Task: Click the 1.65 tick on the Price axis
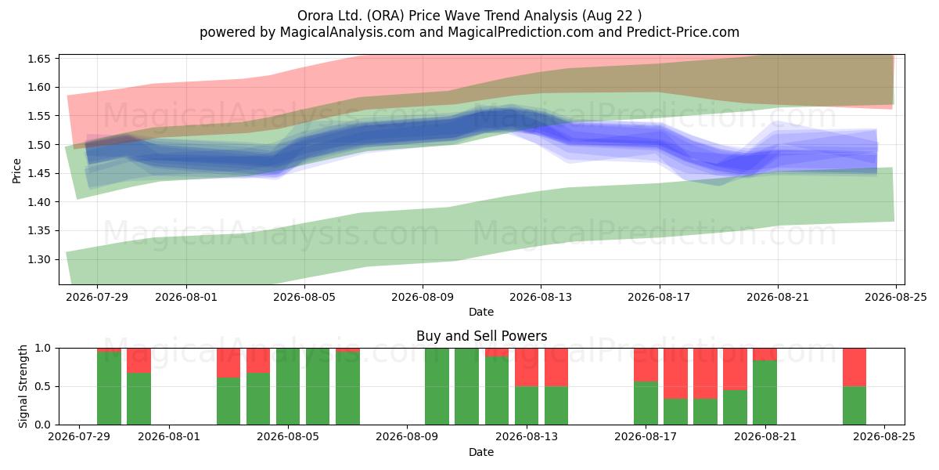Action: click(39, 59)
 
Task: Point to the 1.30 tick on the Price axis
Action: click(39, 259)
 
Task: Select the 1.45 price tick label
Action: click(39, 173)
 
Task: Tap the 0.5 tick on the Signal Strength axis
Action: click(43, 386)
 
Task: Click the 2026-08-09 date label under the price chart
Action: click(423, 297)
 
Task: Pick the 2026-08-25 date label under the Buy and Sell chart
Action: click(884, 436)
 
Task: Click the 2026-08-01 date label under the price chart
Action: click(186, 297)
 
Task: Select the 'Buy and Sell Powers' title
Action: click(482, 336)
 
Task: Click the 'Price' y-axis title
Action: click(16, 171)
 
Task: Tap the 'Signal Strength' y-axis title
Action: click(23, 386)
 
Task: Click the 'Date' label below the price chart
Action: click(481, 312)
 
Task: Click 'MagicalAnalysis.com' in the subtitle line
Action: click(347, 32)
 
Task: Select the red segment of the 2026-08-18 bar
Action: click(676, 374)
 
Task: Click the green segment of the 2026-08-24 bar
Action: click(854, 406)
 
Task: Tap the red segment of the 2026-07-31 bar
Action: click(139, 360)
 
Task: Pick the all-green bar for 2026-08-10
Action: click(437, 386)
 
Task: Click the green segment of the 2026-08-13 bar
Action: click(527, 406)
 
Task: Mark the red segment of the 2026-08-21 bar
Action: click(765, 354)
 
